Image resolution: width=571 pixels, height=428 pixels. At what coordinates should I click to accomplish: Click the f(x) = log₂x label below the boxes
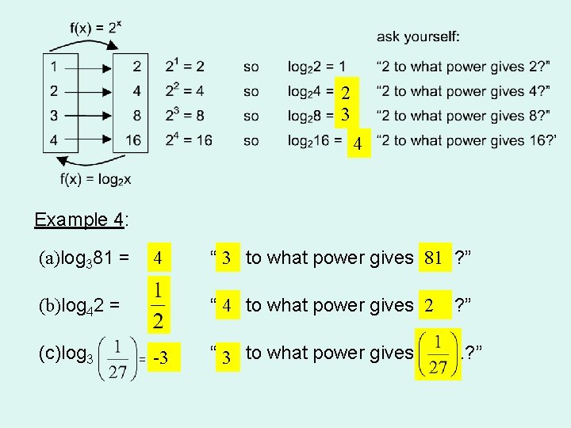pos(95,179)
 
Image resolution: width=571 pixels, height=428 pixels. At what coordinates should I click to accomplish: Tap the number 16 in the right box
pos(133,140)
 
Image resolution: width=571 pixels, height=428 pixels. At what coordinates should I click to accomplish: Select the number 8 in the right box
pos(136,116)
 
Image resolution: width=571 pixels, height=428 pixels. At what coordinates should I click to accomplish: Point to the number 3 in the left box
pos(53,116)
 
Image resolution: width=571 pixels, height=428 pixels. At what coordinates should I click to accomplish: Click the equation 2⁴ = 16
pos(189,140)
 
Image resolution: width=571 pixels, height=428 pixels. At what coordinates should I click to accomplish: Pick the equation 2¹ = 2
pos(185,66)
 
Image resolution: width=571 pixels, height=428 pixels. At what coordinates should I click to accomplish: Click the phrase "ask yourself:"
pos(418,36)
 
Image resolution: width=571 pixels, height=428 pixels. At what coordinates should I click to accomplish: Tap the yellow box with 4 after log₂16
pos(358,144)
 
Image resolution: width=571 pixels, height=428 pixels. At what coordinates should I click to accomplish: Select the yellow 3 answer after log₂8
pos(345,114)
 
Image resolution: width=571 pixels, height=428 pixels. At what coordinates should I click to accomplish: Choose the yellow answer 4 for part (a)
pos(159,258)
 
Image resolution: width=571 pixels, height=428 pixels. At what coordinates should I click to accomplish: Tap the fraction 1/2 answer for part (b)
pos(159,304)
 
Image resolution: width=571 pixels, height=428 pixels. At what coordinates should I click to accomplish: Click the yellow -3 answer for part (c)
pos(162,358)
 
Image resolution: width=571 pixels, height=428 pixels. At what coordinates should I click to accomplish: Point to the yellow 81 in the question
pos(433,258)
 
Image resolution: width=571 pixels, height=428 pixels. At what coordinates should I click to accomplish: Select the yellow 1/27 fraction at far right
pos(438,353)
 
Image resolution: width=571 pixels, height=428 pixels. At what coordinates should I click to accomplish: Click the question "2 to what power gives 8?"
pos(463,116)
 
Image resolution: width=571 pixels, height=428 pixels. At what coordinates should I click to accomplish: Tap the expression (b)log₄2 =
pos(79,305)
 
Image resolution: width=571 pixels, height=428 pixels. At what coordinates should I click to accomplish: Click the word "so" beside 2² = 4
pos(251,90)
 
